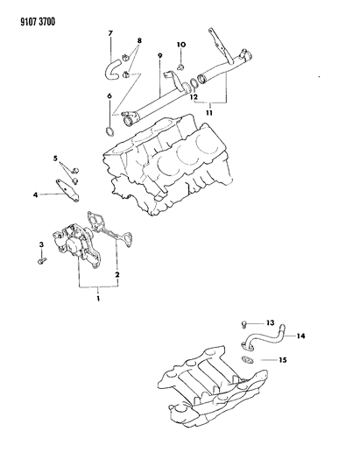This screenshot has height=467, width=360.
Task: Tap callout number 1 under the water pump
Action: pos(99,299)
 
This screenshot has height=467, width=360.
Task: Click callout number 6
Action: pos(109,33)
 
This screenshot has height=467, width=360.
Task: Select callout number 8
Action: pos(160,58)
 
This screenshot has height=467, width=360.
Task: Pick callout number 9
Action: pos(180,44)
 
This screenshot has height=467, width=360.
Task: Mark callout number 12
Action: pos(270,322)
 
